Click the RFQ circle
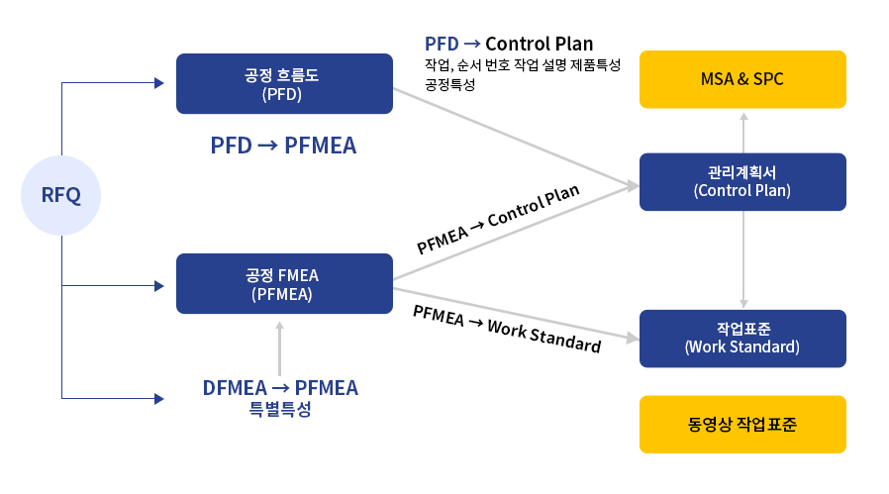click(60, 195)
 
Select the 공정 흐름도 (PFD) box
click(284, 83)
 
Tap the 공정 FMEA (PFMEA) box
click(284, 283)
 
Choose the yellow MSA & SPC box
click(742, 79)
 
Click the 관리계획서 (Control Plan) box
click(742, 181)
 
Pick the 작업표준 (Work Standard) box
click(742, 339)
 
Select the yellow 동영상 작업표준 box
click(742, 425)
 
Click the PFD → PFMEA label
click(283, 146)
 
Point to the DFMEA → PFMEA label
click(280, 388)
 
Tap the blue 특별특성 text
click(280, 409)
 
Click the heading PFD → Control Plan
click(509, 44)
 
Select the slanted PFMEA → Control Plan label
click(498, 220)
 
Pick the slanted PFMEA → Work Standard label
click(507, 329)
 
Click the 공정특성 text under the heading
click(450, 84)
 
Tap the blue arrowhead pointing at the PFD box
click(159, 83)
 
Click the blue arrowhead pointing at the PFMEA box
click(159, 286)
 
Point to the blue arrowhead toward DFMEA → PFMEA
click(159, 399)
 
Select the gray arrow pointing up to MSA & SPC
click(743, 133)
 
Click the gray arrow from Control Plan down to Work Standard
click(743, 259)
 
